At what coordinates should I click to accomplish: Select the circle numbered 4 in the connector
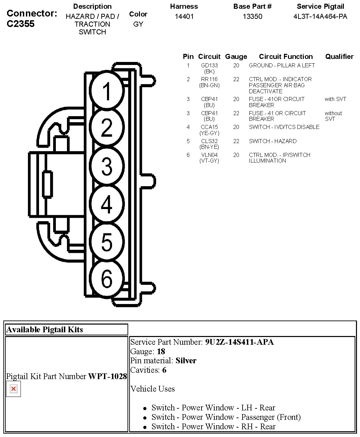[x=107, y=204]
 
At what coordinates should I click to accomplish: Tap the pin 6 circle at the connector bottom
[x=107, y=278]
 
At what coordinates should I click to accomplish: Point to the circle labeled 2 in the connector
[x=107, y=128]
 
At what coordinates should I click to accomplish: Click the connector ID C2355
[x=21, y=24]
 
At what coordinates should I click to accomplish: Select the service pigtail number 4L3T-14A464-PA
[x=320, y=16]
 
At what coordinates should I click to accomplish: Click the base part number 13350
[x=252, y=16]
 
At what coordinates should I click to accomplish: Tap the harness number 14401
[x=184, y=16]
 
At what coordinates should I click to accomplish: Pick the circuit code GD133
[x=209, y=65]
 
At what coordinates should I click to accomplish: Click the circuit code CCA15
[x=209, y=127]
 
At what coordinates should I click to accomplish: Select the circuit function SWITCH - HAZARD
[x=273, y=141]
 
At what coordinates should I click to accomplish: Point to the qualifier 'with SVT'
[x=335, y=99]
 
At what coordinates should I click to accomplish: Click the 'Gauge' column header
[x=236, y=57]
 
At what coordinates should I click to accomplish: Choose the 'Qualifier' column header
[x=339, y=57]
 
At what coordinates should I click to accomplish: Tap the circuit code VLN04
[x=209, y=155]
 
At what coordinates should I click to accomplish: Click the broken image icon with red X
[x=13, y=389]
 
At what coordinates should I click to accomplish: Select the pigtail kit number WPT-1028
[x=108, y=376]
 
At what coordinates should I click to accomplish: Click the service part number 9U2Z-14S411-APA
[x=239, y=342]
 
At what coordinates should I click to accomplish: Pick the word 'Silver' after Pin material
[x=186, y=361]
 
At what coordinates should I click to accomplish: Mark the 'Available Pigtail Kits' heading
[x=45, y=330]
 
